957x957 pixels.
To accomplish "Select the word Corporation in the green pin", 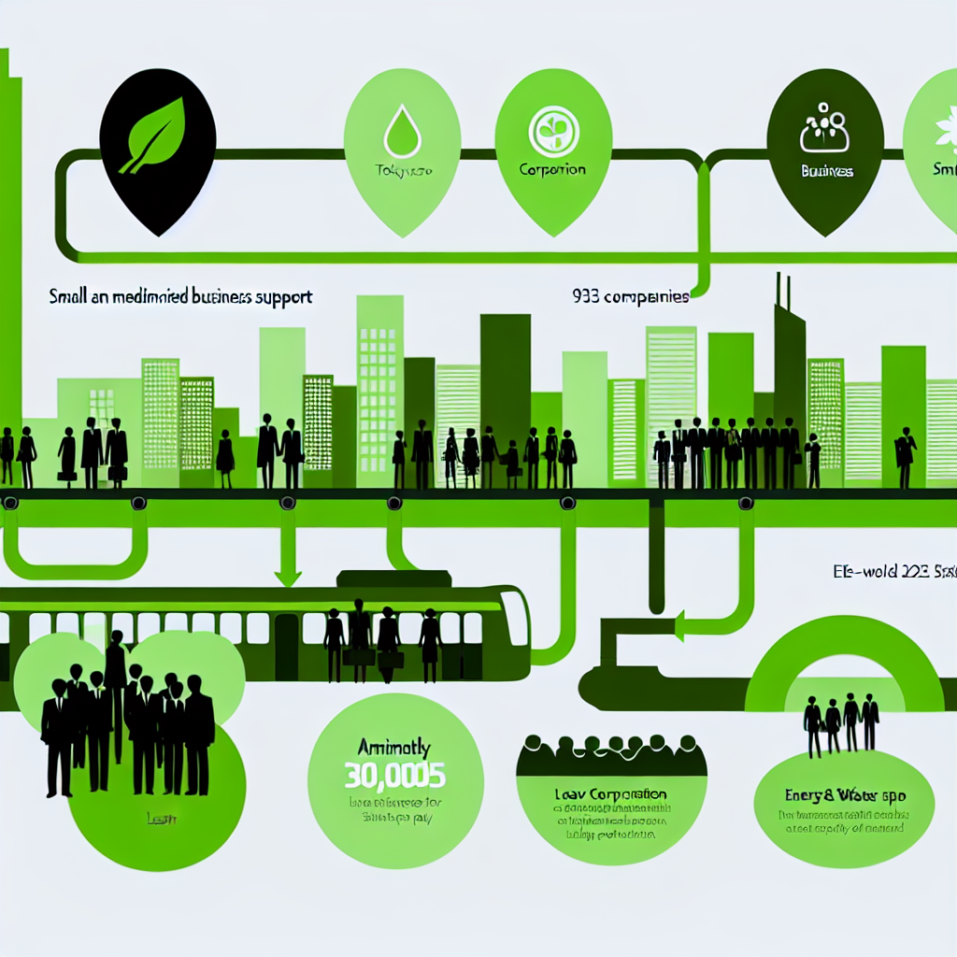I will (552, 170).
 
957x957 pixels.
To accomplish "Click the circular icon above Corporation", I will (553, 134).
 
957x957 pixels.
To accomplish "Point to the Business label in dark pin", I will (826, 172).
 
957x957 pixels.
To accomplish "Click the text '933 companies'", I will (629, 297).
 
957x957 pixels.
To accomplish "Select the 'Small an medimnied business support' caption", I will (180, 297).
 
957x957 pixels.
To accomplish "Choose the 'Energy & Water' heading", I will (841, 796).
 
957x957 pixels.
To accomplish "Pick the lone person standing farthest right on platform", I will (905, 456).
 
